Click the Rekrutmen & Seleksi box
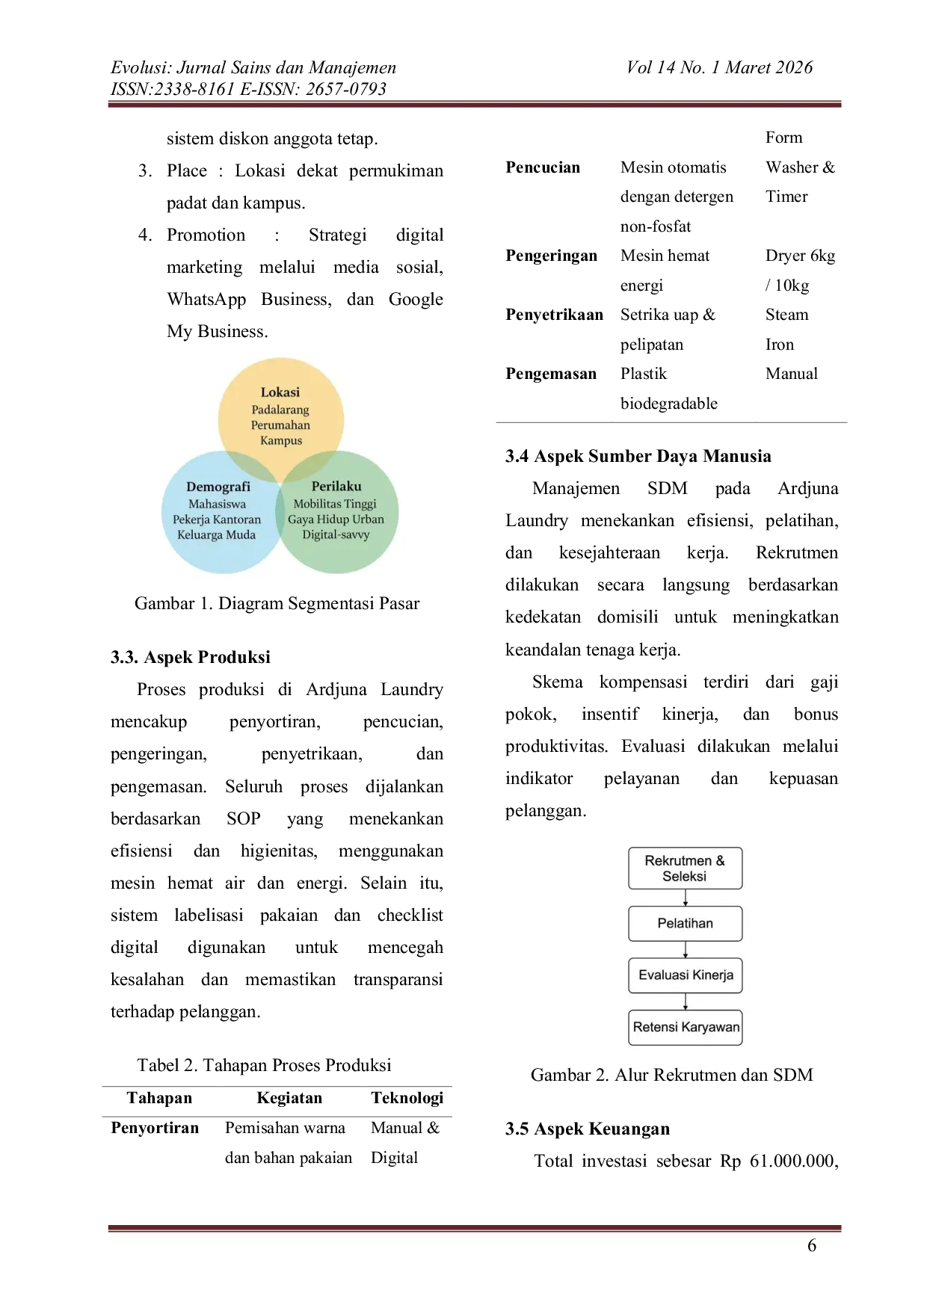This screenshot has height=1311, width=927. click(x=685, y=868)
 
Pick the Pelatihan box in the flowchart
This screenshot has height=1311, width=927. click(x=685, y=923)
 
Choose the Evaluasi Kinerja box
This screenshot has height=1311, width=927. click(x=685, y=975)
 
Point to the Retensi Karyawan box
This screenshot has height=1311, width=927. click(x=685, y=1027)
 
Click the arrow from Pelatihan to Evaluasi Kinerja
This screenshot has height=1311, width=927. click(x=686, y=949)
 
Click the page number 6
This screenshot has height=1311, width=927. click(x=812, y=1245)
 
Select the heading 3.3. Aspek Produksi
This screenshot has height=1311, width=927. click(x=191, y=657)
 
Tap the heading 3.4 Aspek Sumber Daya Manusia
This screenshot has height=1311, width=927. click(x=638, y=456)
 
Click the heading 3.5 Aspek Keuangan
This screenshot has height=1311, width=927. click(x=588, y=1129)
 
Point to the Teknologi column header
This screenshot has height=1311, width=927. click(x=407, y=1097)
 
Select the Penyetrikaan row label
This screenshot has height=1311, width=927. click(x=554, y=315)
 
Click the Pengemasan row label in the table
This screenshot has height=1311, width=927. click(x=551, y=374)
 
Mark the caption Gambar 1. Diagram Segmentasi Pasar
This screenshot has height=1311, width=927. click(x=277, y=603)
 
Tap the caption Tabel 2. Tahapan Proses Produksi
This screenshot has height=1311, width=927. click(x=264, y=1065)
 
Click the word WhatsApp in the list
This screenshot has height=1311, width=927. click(x=206, y=300)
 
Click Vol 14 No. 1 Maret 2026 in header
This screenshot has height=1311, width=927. click(x=719, y=67)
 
